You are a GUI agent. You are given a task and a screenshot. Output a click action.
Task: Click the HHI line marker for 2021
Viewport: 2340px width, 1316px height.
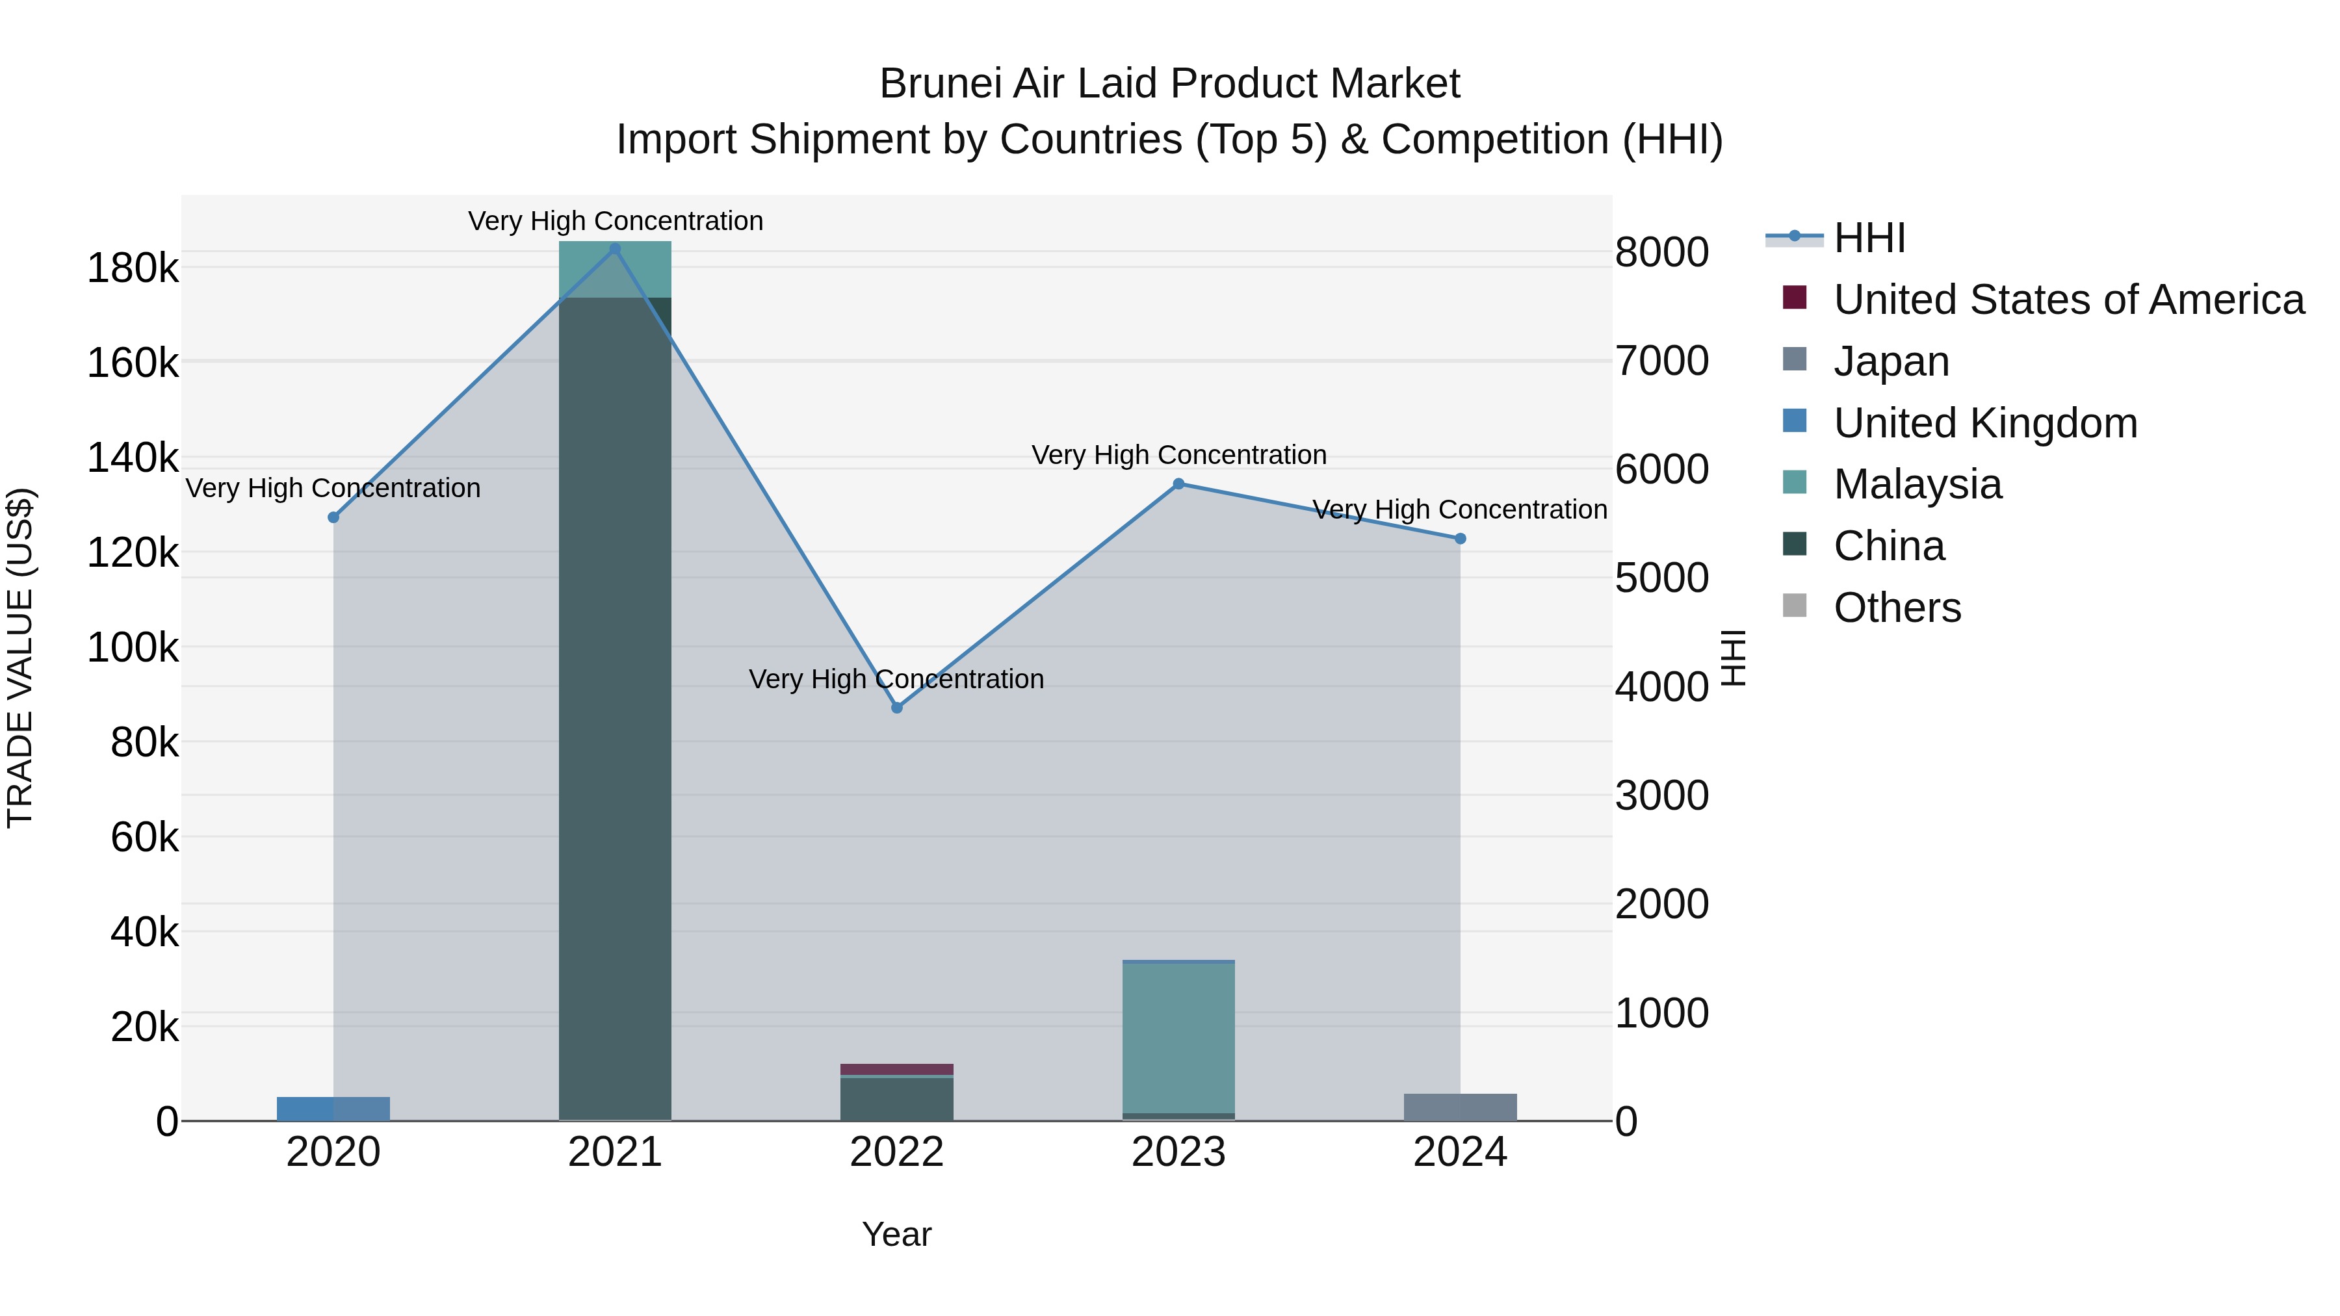pyautogui.click(x=615, y=249)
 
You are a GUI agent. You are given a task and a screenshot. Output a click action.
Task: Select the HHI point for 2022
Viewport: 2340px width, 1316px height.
pyautogui.click(x=896, y=708)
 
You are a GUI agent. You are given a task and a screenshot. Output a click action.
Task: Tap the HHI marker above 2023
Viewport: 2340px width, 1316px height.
pyautogui.click(x=1178, y=484)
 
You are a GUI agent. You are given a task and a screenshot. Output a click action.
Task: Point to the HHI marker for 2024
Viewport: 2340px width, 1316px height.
pyautogui.click(x=1460, y=539)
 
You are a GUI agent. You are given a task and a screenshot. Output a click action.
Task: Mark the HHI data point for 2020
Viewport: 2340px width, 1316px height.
pyautogui.click(x=333, y=518)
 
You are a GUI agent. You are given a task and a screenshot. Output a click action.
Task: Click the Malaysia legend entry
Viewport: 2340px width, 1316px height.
pyautogui.click(x=1917, y=484)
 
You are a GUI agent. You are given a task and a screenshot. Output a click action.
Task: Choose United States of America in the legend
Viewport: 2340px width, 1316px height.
pyautogui.click(x=2068, y=300)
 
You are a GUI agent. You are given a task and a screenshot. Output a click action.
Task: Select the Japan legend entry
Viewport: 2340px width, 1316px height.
pyautogui.click(x=1891, y=361)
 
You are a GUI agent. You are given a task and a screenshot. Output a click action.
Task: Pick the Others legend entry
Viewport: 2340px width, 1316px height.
pyautogui.click(x=1897, y=608)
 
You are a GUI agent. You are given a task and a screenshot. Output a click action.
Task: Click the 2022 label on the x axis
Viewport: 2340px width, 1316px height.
pyautogui.click(x=896, y=1152)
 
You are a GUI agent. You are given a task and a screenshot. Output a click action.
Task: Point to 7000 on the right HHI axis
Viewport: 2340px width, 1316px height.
pyautogui.click(x=1661, y=361)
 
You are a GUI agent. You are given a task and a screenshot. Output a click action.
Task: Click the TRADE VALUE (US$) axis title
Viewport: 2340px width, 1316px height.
pyautogui.click(x=20, y=658)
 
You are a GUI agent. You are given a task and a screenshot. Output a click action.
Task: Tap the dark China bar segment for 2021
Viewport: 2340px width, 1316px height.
pyautogui.click(x=615, y=708)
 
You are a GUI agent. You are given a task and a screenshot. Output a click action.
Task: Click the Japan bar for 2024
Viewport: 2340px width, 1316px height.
pyautogui.click(x=1460, y=1107)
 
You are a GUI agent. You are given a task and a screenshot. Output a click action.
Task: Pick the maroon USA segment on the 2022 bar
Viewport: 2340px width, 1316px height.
pyautogui.click(x=896, y=1069)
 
